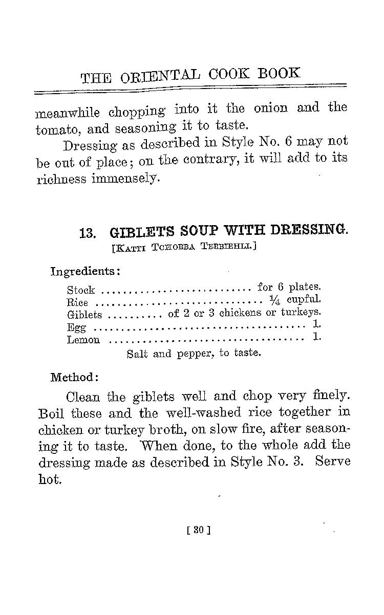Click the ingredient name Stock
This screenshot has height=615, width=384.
(x=81, y=291)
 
